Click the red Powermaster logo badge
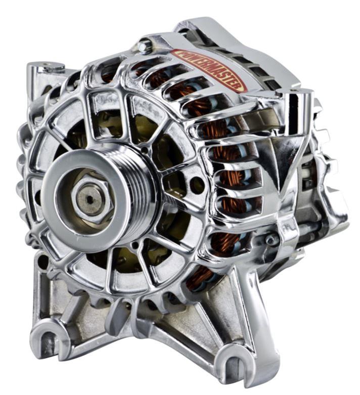click(208, 70)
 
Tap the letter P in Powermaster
click(177, 54)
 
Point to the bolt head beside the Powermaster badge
click(145, 47)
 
